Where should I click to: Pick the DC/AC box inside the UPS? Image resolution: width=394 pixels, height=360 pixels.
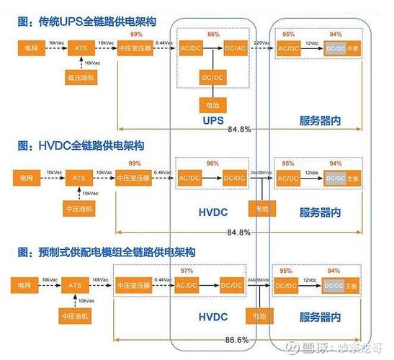[x=234, y=48]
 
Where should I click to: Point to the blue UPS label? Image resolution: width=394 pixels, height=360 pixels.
[x=215, y=120]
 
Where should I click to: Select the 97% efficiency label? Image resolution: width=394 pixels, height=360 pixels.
[x=188, y=271]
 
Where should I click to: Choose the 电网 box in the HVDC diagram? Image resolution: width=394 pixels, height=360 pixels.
[x=27, y=177]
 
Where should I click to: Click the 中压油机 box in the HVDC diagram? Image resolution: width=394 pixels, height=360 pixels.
[x=82, y=209]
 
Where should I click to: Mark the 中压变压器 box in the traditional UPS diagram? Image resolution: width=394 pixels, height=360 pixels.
[x=135, y=48]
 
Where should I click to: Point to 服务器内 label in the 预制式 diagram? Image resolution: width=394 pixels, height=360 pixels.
[x=319, y=317]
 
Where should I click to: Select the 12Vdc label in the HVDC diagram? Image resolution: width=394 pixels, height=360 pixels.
[x=311, y=173]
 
